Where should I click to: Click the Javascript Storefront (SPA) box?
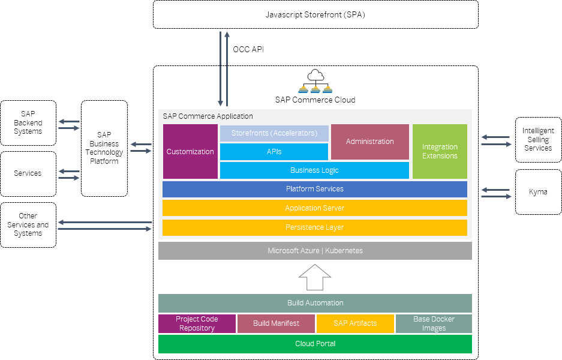click(315, 14)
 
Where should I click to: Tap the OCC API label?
click(248, 49)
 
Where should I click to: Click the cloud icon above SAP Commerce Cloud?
click(315, 80)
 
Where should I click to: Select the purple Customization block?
click(190, 151)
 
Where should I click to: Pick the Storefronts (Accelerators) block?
click(274, 133)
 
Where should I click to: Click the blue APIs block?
click(274, 152)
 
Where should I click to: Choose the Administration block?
click(370, 142)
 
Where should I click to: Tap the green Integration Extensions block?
click(440, 151)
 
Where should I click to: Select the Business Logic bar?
click(314, 170)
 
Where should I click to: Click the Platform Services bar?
click(315, 189)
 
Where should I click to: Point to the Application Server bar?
click(315, 208)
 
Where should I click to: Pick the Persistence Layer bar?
click(315, 227)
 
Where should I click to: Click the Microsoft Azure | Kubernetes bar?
click(315, 251)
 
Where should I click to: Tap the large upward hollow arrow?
click(315, 277)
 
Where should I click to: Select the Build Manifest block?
click(276, 323)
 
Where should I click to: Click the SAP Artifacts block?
click(355, 323)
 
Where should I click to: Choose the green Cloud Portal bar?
click(315, 344)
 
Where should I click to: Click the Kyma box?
click(539, 192)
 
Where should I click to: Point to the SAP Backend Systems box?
click(28, 123)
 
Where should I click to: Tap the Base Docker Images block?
click(434, 323)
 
